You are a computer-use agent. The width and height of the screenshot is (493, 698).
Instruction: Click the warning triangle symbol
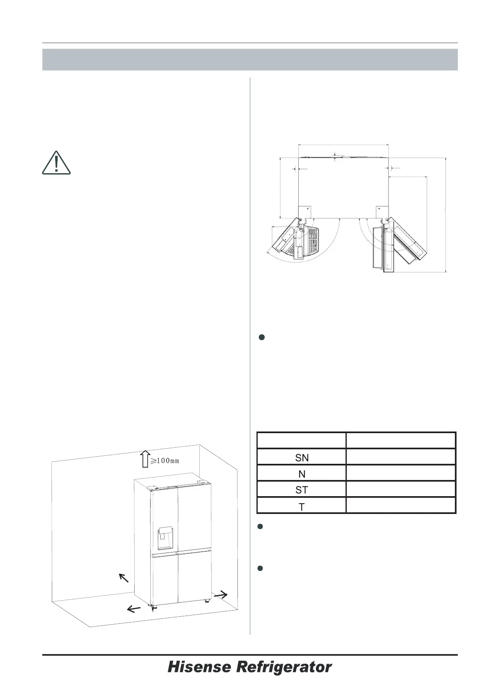[56, 163]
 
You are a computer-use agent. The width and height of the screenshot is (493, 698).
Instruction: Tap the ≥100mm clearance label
[165, 460]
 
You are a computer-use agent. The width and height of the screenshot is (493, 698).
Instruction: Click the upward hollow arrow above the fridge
[144, 459]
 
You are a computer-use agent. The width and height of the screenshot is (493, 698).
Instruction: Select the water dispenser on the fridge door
[164, 538]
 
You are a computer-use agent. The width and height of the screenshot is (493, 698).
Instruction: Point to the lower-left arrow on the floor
[133, 608]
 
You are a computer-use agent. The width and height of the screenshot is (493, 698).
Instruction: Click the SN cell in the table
[302, 458]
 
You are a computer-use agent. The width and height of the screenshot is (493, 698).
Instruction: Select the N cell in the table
[302, 474]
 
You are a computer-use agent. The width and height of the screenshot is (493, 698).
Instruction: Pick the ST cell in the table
[302, 490]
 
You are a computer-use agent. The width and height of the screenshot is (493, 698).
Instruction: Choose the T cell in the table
[302, 507]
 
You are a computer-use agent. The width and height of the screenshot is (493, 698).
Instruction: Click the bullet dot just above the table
[261, 337]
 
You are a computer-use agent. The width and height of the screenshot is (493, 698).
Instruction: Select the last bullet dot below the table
[261, 568]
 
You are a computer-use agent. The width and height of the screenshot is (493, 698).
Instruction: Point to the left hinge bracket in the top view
[303, 211]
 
